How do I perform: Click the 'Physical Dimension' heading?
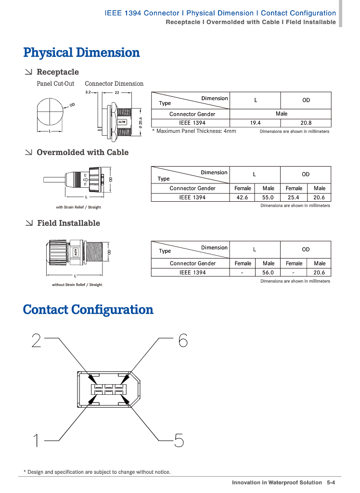[81, 52]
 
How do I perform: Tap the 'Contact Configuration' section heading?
[88, 310]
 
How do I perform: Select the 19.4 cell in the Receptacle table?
[256, 123]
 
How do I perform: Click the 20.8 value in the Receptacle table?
[306, 123]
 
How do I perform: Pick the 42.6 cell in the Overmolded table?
[243, 197]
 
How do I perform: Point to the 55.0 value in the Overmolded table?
[268, 197]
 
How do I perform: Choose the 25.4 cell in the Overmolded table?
[294, 197]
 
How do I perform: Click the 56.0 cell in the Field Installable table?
[268, 272]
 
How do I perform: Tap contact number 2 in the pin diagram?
[37, 341]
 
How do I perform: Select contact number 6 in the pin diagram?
[183, 341]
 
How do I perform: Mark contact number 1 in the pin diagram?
[36, 441]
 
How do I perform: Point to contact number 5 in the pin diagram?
[179, 441]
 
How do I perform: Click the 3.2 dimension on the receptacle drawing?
[88, 92]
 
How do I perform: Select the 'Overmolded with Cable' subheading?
[82, 152]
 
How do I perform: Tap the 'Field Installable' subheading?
[68, 223]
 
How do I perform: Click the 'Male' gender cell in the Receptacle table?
[281, 114]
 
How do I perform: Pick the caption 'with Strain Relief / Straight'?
[78, 208]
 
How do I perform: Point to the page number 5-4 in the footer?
[331, 482]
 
